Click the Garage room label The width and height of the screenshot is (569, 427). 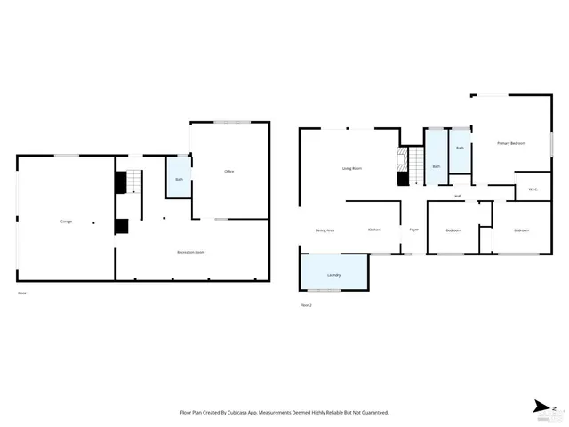(x=66, y=221)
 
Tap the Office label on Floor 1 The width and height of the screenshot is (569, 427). (x=228, y=171)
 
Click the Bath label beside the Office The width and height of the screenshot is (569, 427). (x=179, y=180)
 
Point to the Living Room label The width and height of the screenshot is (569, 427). (x=352, y=168)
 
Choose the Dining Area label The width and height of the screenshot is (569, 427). (x=325, y=230)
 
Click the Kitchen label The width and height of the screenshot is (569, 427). (x=374, y=230)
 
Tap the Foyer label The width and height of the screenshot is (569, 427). (x=413, y=230)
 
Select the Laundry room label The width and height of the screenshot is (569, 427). (x=334, y=275)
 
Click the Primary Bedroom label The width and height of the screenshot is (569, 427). (x=511, y=143)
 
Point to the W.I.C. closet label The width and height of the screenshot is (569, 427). (x=533, y=189)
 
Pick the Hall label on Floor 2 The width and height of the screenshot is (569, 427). (x=458, y=196)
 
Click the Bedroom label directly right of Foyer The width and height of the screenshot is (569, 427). (x=453, y=230)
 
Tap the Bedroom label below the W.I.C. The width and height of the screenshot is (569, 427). (x=521, y=230)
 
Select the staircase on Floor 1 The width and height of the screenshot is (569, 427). (x=132, y=181)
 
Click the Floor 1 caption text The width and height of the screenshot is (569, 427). (x=23, y=293)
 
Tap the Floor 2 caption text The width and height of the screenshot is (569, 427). (x=306, y=305)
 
